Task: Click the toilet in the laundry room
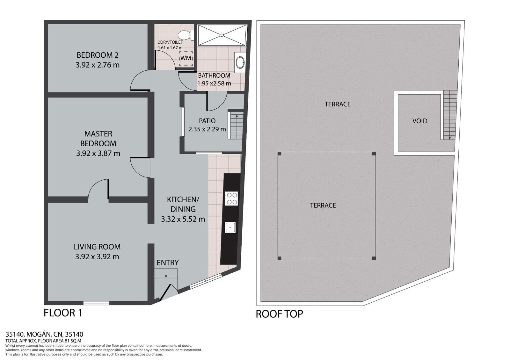[x=185, y=34]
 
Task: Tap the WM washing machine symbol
[x=186, y=58]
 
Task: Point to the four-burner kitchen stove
[x=231, y=198]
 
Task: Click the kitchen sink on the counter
[x=230, y=227]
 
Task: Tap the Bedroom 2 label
[x=98, y=55]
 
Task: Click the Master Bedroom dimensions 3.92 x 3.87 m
[x=98, y=153]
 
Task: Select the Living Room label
[x=97, y=247]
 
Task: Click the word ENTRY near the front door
[x=168, y=263]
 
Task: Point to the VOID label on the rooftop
[x=419, y=121]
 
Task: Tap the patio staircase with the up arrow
[x=236, y=125]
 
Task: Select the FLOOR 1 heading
[x=63, y=313]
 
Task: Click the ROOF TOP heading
[x=279, y=314]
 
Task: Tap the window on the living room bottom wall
[x=96, y=303]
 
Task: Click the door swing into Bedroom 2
[x=140, y=81]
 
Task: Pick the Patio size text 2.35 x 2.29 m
[x=207, y=129]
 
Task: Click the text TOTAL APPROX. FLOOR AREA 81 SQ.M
[x=43, y=341]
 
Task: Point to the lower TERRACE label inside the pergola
[x=323, y=205]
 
